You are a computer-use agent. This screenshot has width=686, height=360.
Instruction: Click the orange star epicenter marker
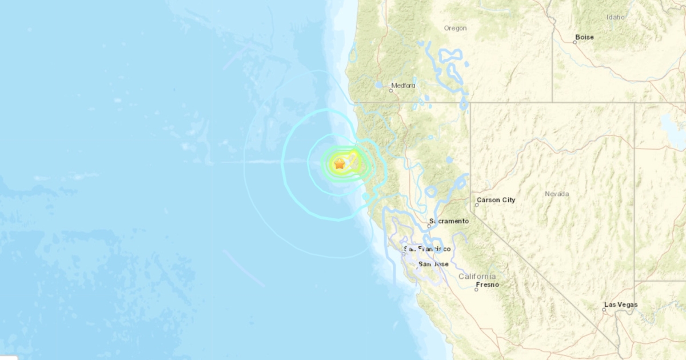click(x=340, y=164)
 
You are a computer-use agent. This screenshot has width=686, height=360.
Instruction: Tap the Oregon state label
click(x=455, y=28)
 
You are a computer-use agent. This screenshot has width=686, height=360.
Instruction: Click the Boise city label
click(x=585, y=37)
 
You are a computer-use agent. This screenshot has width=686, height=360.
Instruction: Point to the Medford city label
click(x=404, y=86)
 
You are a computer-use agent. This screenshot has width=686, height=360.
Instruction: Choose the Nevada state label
click(x=556, y=194)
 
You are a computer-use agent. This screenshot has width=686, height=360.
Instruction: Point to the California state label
click(x=477, y=277)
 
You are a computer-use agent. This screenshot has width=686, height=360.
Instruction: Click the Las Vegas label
click(x=623, y=305)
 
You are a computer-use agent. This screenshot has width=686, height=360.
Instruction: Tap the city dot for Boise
click(x=575, y=41)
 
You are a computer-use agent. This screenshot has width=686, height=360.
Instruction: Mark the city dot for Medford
click(x=392, y=90)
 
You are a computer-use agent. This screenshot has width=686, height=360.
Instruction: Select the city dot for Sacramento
click(x=429, y=226)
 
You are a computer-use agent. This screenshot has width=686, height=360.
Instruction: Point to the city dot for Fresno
click(x=476, y=290)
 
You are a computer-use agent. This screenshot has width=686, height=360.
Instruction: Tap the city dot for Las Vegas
click(x=604, y=310)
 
